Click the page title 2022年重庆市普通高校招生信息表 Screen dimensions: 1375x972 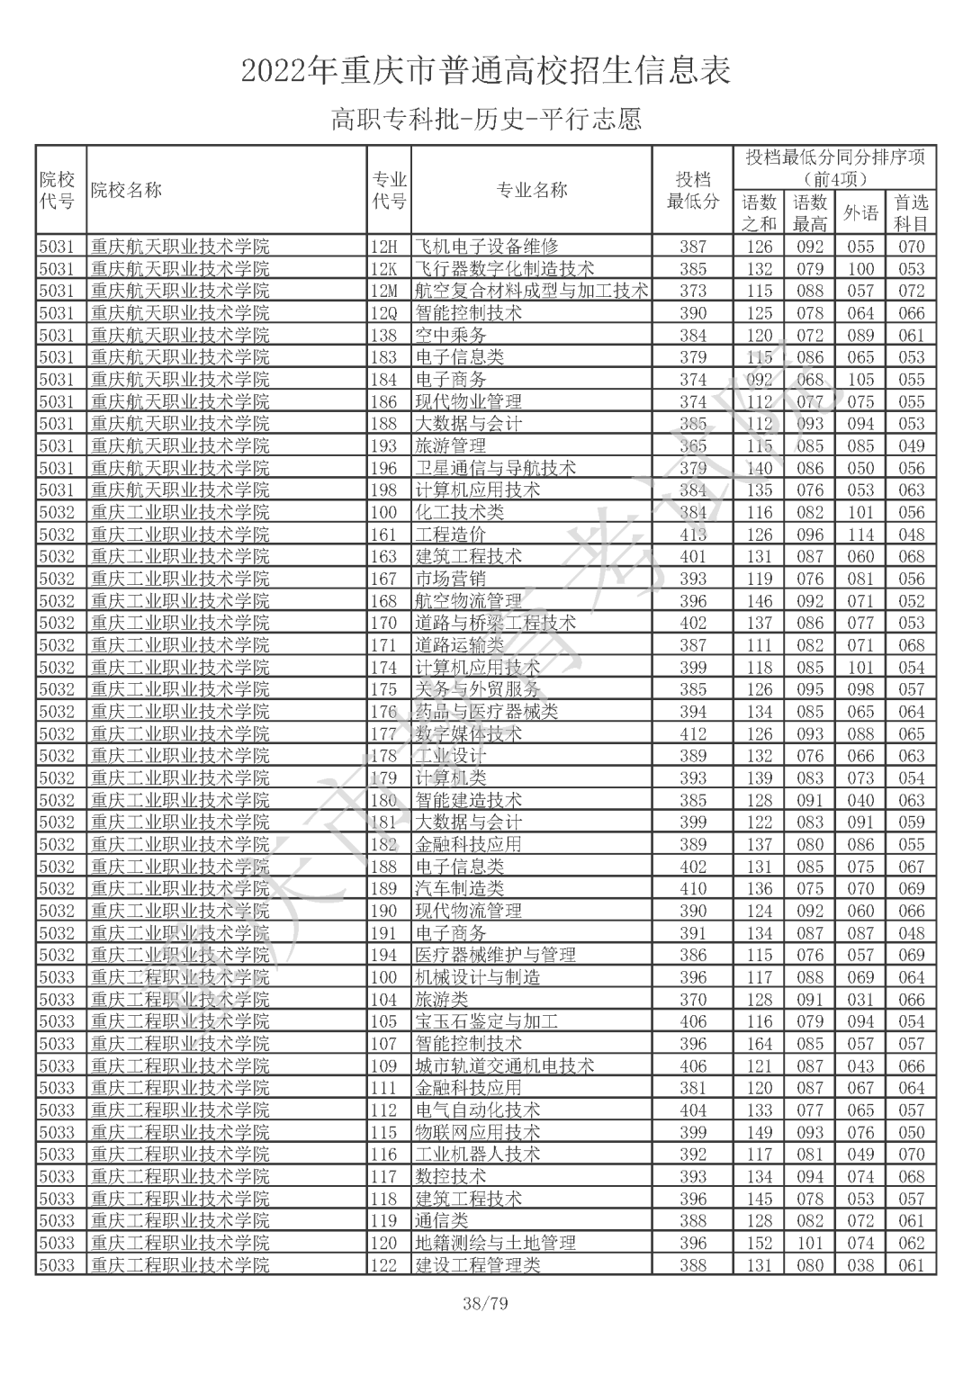[x=486, y=70]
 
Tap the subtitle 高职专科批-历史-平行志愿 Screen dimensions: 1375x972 [x=486, y=120]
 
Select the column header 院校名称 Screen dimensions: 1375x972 [x=126, y=190]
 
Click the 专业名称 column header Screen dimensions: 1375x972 [x=531, y=190]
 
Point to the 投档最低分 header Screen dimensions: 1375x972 [x=692, y=190]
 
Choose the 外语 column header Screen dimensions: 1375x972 [x=860, y=213]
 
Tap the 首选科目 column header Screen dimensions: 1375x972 [x=911, y=213]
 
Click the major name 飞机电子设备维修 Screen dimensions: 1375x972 [x=486, y=247]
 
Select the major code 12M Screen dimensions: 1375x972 [x=384, y=291]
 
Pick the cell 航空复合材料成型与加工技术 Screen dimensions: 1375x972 [x=531, y=291]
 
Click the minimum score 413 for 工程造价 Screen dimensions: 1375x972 [x=693, y=535]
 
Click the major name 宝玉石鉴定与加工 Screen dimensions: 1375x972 [x=486, y=1021]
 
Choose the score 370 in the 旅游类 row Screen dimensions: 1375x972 [x=693, y=1000]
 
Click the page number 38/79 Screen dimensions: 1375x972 [x=486, y=1303]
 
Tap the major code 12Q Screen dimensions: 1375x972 [x=384, y=313]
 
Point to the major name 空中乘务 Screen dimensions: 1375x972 [x=450, y=335]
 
